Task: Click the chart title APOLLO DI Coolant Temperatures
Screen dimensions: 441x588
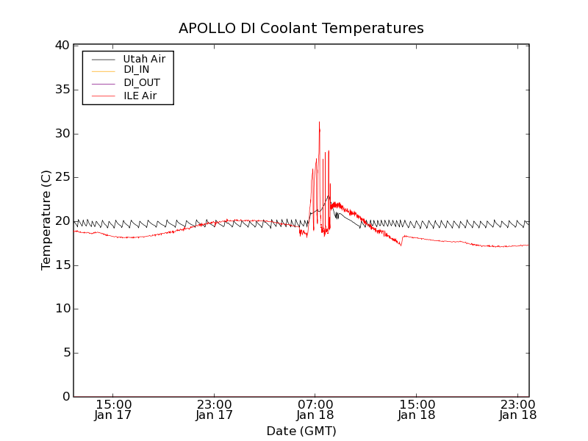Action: coord(301,29)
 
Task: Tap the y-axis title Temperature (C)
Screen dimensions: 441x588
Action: coord(46,220)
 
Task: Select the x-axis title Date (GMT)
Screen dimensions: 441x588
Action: coord(301,431)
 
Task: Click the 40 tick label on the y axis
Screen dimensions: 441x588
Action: coord(62,46)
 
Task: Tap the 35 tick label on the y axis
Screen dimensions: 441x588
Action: coord(62,90)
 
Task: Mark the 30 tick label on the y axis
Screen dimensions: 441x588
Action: coord(62,134)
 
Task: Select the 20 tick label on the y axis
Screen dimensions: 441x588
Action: coord(62,221)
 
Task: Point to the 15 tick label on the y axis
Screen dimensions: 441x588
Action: coord(62,265)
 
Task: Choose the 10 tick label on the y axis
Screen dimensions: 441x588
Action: coord(62,309)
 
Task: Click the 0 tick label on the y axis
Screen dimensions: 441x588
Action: coord(65,397)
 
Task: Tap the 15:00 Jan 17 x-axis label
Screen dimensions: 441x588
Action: coord(113,409)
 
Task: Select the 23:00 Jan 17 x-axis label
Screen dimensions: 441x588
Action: coord(215,409)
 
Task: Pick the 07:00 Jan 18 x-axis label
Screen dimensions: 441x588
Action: coord(315,409)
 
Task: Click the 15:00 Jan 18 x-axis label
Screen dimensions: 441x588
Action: coord(417,409)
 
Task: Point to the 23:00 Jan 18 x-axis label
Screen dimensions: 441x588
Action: coord(518,409)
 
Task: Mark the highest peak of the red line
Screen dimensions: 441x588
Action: coord(319,122)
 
